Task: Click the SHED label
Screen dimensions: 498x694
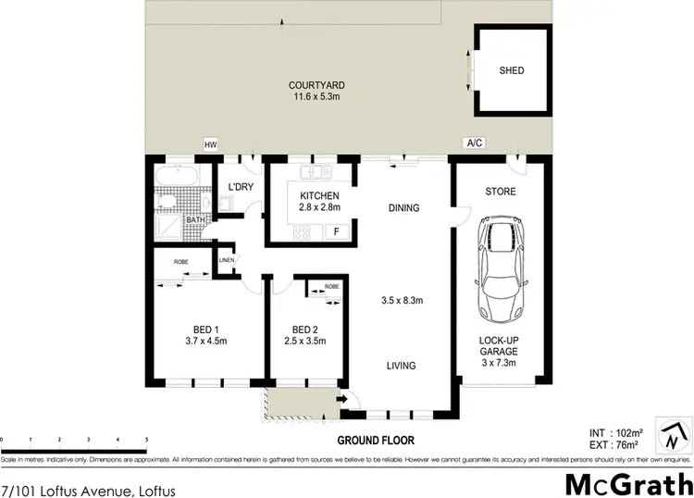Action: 511,70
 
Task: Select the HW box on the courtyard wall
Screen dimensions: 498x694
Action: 210,144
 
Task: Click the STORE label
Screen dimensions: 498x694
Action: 501,192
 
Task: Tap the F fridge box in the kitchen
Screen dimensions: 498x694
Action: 338,230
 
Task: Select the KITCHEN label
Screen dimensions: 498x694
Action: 319,196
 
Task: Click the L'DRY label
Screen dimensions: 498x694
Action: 241,188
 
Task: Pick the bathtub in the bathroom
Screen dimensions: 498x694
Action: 176,176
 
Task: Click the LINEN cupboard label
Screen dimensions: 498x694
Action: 227,260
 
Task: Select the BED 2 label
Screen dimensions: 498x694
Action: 304,330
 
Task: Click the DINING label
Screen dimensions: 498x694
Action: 404,207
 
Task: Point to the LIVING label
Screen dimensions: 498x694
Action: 402,366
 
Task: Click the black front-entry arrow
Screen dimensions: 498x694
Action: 342,400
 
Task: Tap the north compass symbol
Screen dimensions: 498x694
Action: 672,433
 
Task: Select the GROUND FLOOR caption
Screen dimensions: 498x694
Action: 375,441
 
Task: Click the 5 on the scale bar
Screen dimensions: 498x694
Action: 146,440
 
